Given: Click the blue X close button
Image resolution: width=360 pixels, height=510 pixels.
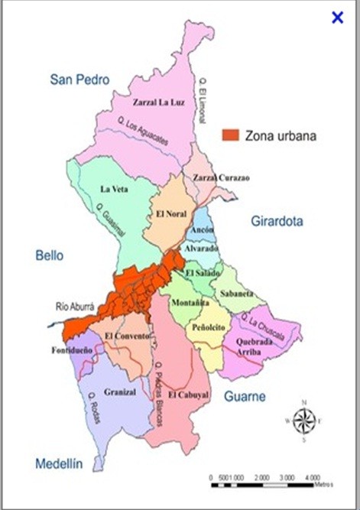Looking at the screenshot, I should (x=337, y=17).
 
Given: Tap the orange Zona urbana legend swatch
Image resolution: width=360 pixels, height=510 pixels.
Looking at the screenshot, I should (x=230, y=135).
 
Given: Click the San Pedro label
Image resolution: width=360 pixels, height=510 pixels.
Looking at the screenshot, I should (x=80, y=80).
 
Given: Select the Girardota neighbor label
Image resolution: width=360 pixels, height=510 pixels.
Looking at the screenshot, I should (x=277, y=222).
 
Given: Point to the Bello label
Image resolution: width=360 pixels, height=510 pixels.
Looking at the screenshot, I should (x=50, y=255).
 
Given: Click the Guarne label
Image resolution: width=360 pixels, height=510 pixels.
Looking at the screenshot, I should (x=245, y=396).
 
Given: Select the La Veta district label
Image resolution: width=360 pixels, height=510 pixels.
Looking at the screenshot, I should (x=117, y=188).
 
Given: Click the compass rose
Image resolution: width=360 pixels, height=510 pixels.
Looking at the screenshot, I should (x=304, y=420).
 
